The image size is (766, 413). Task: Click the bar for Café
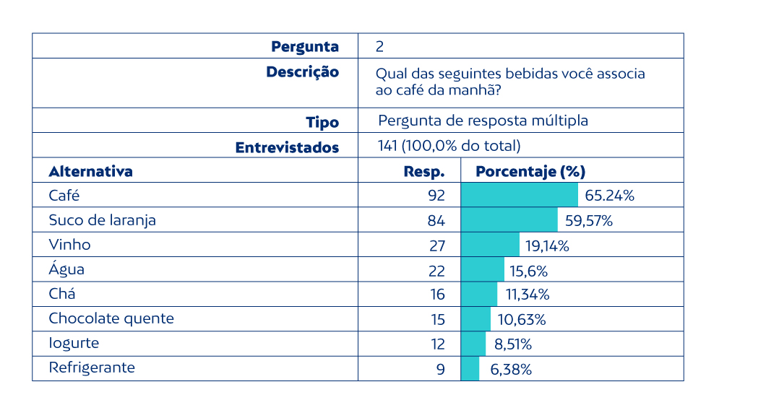coord(519,195)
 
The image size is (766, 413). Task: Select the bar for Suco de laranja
coord(509,220)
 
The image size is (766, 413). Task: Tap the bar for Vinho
coord(490,245)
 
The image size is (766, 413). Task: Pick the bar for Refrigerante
coord(470,368)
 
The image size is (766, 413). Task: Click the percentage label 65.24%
coord(610,196)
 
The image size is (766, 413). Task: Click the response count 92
coord(436,196)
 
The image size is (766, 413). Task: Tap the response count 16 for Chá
coord(437,295)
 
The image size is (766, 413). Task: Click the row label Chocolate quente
coord(111,318)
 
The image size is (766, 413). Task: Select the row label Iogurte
coord(74,343)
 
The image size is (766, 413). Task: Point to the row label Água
coord(66,269)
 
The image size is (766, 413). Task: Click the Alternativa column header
coord(90,172)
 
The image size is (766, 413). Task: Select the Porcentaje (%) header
coord(530,172)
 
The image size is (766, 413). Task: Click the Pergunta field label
coord(305,47)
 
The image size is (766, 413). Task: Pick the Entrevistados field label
coord(287,147)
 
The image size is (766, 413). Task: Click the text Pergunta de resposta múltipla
coord(483,121)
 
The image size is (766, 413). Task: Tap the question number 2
coord(380,47)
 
